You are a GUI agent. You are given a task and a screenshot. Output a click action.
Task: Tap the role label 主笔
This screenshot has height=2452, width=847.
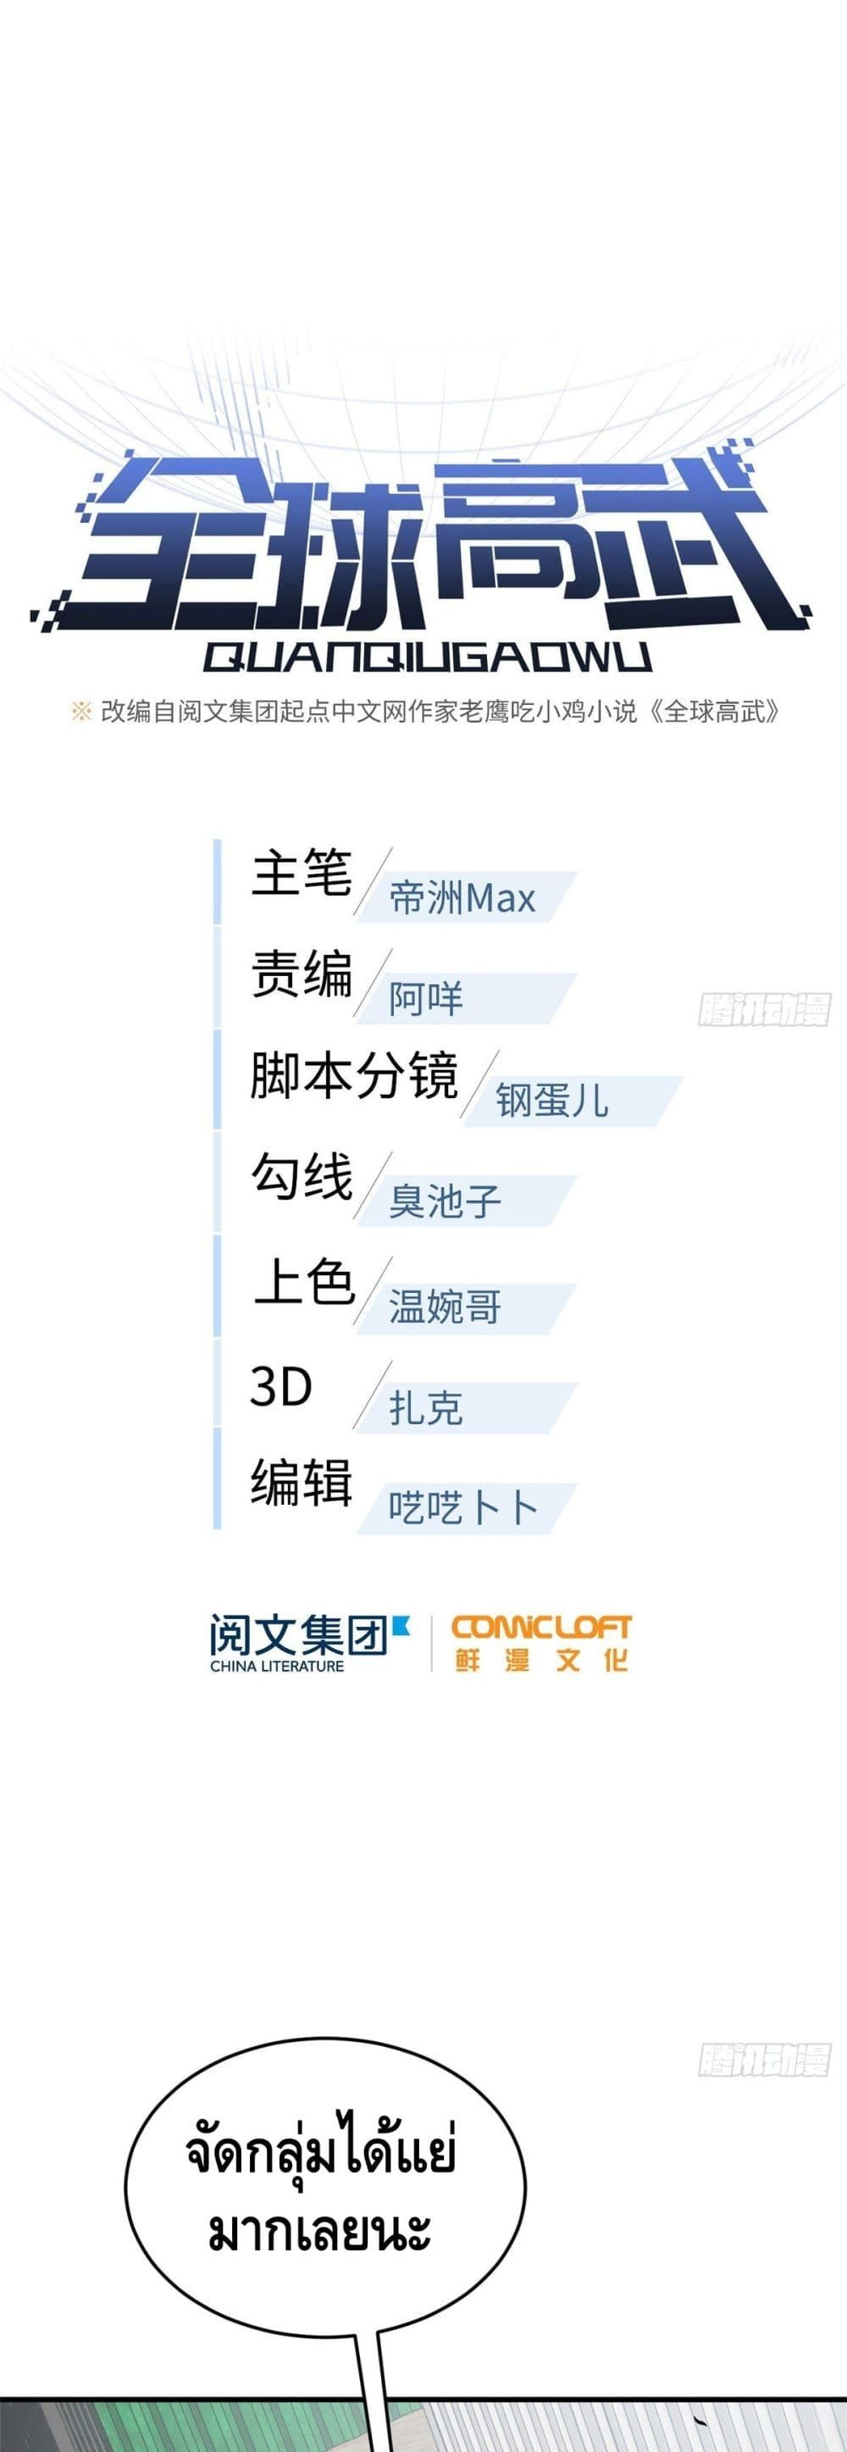pyautogui.click(x=301, y=874)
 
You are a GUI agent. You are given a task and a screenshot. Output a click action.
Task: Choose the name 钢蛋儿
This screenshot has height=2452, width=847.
pyautogui.click(x=551, y=1101)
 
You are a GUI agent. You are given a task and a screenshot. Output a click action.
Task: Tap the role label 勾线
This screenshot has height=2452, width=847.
pyautogui.click(x=301, y=1178)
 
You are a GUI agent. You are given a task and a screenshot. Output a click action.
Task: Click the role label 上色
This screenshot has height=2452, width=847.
pyautogui.click(x=302, y=1282)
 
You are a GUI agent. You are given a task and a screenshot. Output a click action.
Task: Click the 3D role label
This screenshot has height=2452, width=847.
pyautogui.click(x=280, y=1387)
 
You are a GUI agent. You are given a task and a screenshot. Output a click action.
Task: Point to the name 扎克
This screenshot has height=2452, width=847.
pyautogui.click(x=425, y=1409)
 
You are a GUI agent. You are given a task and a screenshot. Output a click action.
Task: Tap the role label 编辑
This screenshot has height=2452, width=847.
pyautogui.click(x=301, y=1483)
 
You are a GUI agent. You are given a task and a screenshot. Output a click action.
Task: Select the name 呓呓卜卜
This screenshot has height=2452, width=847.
pyautogui.click(x=462, y=1509)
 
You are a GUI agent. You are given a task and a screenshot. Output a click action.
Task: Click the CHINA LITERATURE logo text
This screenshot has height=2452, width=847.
pyautogui.click(x=277, y=1667)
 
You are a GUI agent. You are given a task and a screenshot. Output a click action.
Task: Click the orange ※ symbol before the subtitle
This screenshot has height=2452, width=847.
pyautogui.click(x=81, y=711)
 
